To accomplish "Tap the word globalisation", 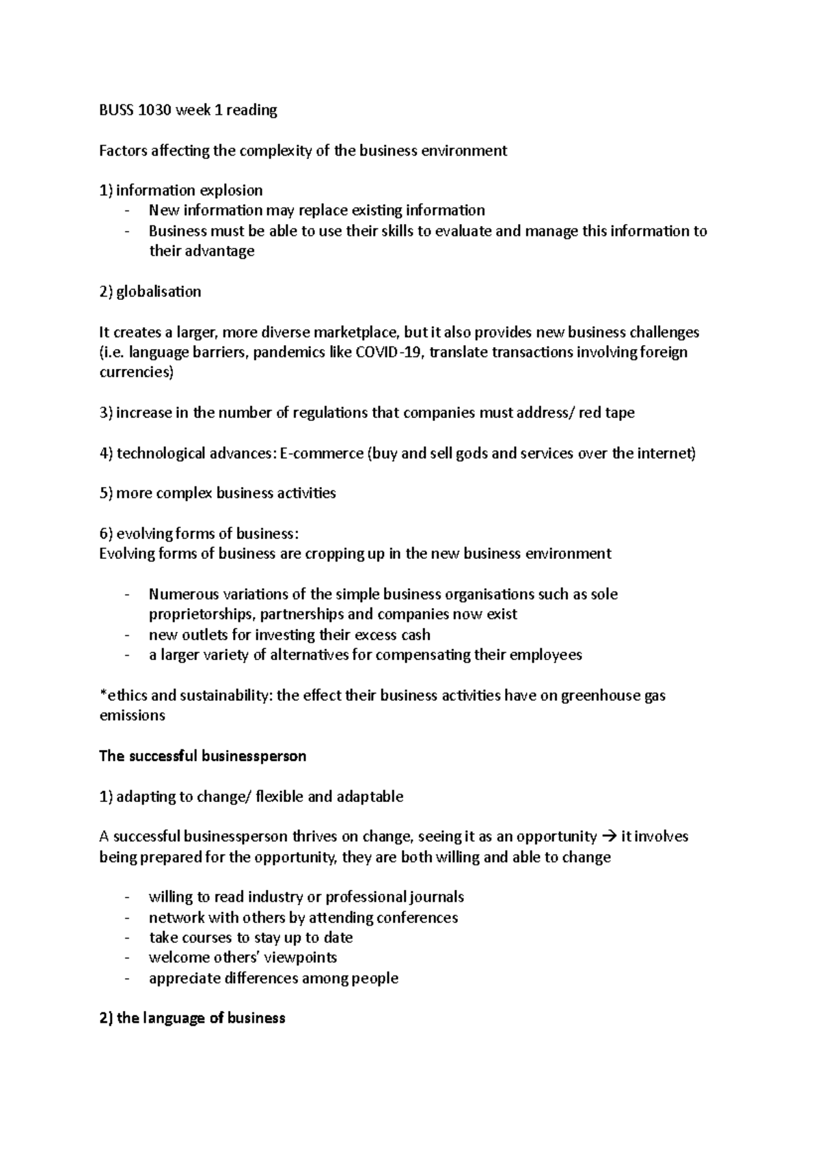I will pos(159,292).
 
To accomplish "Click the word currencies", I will pos(136,373).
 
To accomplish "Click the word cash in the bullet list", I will pos(415,635).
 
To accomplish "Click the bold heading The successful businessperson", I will pos(202,756).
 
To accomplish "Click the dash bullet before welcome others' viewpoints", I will pos(127,958).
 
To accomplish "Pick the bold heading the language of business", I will pos(192,1019).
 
